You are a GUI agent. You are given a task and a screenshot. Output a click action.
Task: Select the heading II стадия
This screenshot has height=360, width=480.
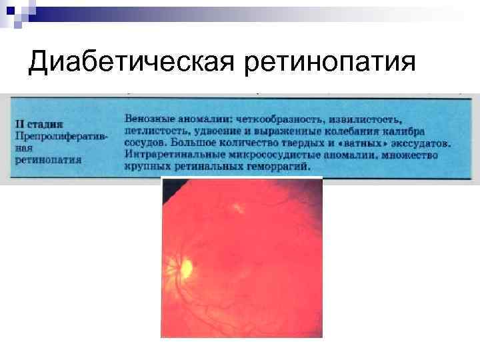[39, 124]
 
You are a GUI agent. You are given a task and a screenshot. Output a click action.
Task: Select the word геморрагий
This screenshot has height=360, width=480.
[279, 167]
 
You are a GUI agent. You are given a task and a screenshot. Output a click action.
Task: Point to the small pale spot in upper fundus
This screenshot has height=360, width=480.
[237, 208]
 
